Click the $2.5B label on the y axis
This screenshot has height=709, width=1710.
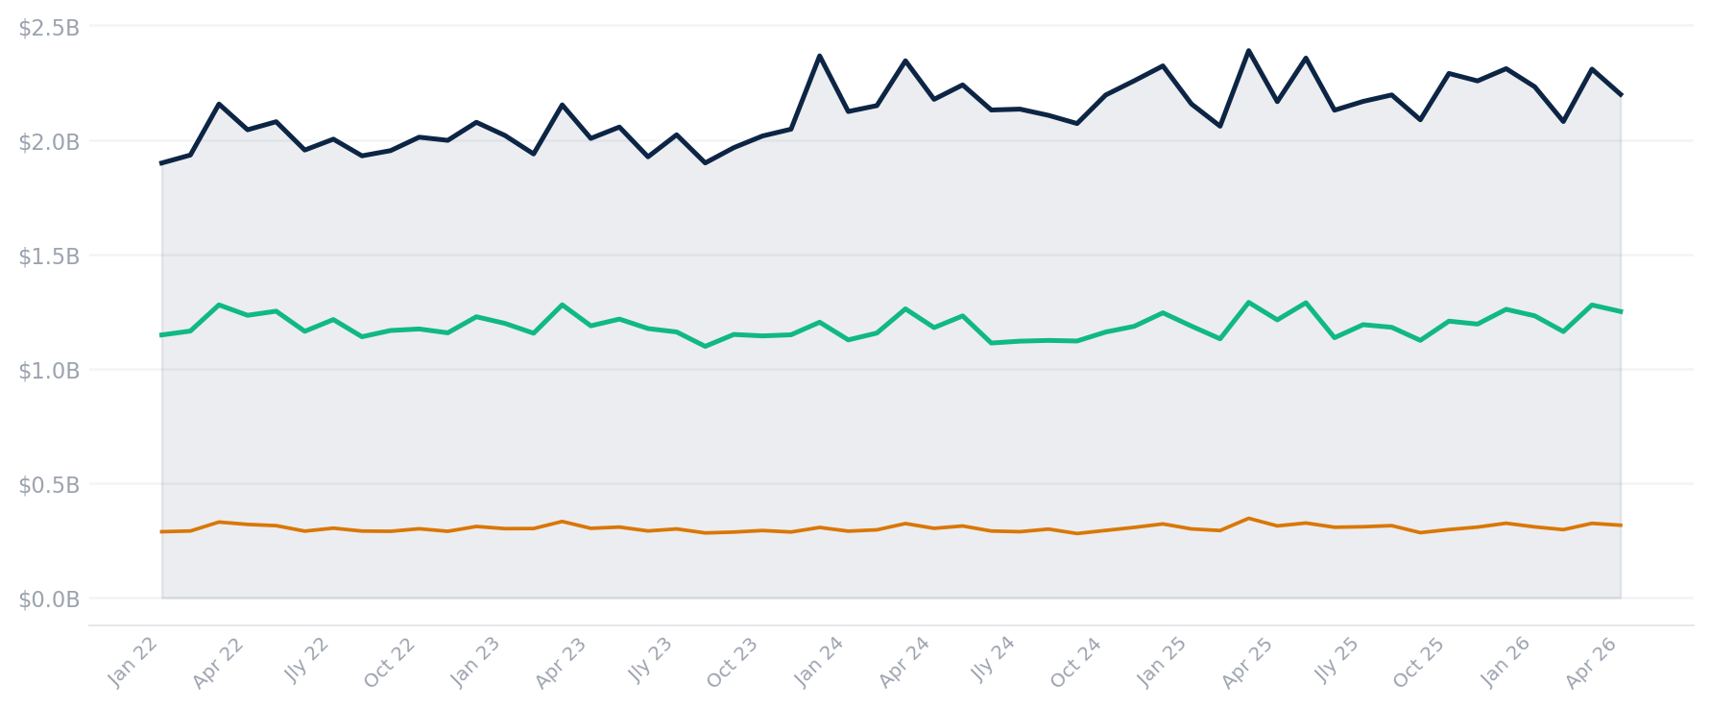coord(49,28)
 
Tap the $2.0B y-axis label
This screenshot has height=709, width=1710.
coord(49,142)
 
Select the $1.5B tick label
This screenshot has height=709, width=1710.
coord(49,257)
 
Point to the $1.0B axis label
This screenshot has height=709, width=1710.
coord(49,371)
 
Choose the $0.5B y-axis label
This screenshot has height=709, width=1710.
coord(49,485)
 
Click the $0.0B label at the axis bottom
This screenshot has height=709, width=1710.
coord(49,599)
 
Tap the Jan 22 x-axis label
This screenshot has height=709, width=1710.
coord(132,663)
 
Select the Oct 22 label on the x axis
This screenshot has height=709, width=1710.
coord(390,663)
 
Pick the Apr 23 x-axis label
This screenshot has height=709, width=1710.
coord(561,663)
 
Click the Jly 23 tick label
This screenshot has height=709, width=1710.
coord(649,661)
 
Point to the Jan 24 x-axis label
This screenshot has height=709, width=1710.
coord(819,663)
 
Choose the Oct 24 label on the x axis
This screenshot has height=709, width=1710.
coord(1076,663)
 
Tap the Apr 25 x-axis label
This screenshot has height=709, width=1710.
coord(1247,663)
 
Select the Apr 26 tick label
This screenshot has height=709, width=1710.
coord(1591,663)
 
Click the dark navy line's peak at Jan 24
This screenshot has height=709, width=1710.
coord(819,56)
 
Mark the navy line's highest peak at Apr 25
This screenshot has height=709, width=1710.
coord(1248,50)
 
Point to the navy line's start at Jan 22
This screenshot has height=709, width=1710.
coord(161,163)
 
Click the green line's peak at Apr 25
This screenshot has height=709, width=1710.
coord(1248,303)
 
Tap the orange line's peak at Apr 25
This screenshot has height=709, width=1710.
coord(1248,519)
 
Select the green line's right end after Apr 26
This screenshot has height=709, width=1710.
coord(1621,311)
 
